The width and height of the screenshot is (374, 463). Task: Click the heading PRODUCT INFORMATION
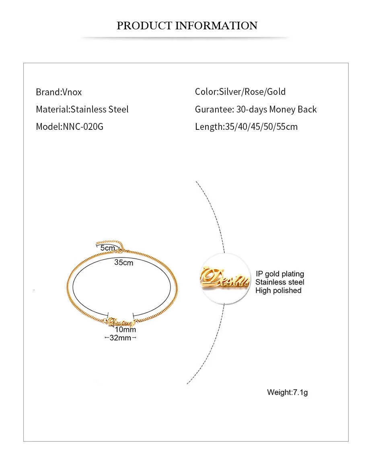coord(187,26)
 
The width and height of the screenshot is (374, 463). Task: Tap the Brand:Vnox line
coord(59,92)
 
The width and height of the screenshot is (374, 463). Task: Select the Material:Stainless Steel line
coord(82,109)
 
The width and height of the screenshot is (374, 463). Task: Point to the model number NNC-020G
coord(82,127)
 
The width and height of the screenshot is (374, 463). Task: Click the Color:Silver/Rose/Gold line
coord(240,92)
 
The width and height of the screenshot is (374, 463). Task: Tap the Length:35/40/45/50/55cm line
coord(246,127)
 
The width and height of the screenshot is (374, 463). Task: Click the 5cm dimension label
coord(107,248)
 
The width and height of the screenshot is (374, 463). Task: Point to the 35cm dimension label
coord(123,262)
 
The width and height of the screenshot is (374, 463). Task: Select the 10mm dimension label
coord(125,330)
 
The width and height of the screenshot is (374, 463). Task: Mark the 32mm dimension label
coord(120,338)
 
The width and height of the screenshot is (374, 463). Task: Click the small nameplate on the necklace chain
coord(120,322)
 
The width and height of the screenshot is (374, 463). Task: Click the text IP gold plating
coord(279,274)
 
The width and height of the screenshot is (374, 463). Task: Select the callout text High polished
coord(278,291)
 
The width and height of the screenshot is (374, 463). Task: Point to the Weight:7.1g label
coord(287,392)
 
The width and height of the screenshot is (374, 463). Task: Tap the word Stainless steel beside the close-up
coord(280,282)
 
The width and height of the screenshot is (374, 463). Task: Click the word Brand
coord(47,92)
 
